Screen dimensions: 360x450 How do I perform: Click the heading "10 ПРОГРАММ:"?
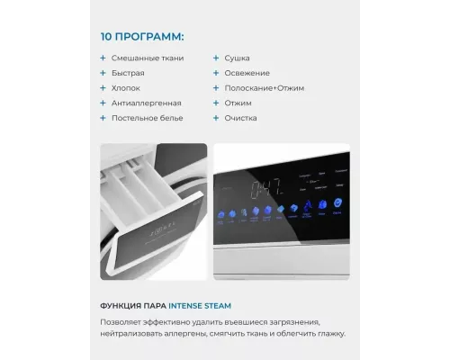142,38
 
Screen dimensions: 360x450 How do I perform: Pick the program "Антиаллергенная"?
146,103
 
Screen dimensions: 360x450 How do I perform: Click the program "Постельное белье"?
148,118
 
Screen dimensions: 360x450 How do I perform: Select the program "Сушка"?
238,58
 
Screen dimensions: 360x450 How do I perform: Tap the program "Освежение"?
246,73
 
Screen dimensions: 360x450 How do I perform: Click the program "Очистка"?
242,118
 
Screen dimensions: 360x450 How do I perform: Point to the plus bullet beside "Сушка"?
216,58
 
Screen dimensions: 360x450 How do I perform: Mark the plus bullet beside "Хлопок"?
103,88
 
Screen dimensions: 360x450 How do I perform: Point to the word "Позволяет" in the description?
121,320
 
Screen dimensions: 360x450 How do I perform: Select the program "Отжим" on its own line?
238,103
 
